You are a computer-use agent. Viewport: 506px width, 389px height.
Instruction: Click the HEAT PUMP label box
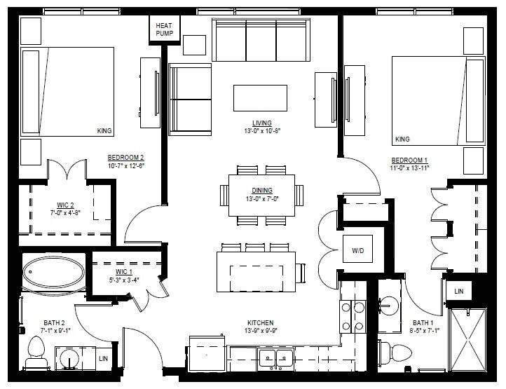click(x=165, y=29)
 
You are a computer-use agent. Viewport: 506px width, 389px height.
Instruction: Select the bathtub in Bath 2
click(x=54, y=275)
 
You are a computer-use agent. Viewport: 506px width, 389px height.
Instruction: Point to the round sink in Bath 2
click(x=67, y=358)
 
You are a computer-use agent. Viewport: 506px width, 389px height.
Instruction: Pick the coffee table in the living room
click(x=260, y=97)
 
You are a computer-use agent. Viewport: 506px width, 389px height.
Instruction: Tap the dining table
click(x=261, y=196)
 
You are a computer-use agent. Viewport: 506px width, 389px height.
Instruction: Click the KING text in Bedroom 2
click(x=104, y=131)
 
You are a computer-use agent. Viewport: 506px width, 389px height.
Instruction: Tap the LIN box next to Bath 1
click(x=459, y=290)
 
